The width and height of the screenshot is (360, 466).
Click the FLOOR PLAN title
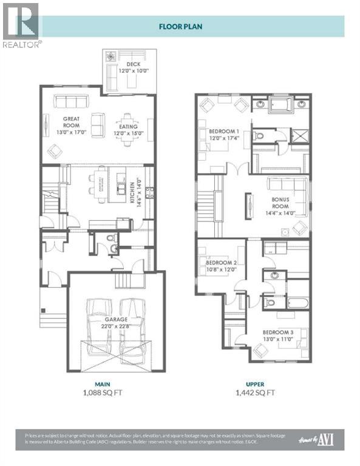click(180, 26)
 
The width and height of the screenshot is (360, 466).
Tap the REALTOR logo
click(21, 25)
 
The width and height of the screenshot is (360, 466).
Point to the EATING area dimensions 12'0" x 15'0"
click(128, 126)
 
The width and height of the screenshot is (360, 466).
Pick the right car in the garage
click(133, 328)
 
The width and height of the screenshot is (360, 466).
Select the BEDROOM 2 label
click(222, 262)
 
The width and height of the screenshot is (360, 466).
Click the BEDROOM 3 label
click(279, 332)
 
